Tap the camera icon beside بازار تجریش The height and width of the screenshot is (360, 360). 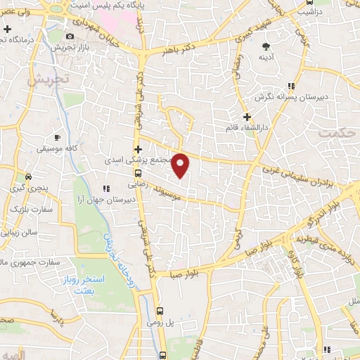[x=70, y=37]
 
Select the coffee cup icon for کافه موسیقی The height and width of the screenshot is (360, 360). [x=57, y=137]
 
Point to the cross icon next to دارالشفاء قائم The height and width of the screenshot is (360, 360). [x=246, y=116]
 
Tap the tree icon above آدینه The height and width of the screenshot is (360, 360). [x=264, y=45]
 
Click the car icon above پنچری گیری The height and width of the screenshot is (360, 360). [x=28, y=176]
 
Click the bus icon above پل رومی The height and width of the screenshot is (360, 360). [x=160, y=310]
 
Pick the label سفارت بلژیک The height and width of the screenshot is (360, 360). [x=22, y=208]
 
